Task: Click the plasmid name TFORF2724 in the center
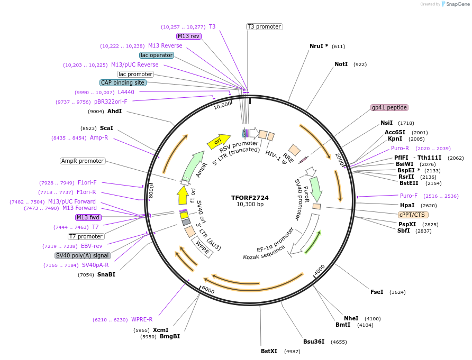[x=250, y=198]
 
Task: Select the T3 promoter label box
[x=264, y=26]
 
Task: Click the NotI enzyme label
[x=341, y=64]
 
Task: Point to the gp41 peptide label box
[x=389, y=107]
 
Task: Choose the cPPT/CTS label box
[x=413, y=215]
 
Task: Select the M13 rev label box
[x=189, y=36]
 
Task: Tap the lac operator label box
[x=157, y=55]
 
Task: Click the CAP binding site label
[x=123, y=82]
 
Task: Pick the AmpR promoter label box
[x=83, y=161]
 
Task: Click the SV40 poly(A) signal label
[x=83, y=255]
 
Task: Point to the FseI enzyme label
[x=377, y=292]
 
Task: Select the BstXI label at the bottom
[x=269, y=351]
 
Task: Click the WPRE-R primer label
[x=142, y=319]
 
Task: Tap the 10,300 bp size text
[x=250, y=205]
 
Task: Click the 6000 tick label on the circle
[x=208, y=291]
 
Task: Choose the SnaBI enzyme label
[x=106, y=274]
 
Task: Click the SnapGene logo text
[x=458, y=4]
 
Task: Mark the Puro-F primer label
[x=409, y=196]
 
